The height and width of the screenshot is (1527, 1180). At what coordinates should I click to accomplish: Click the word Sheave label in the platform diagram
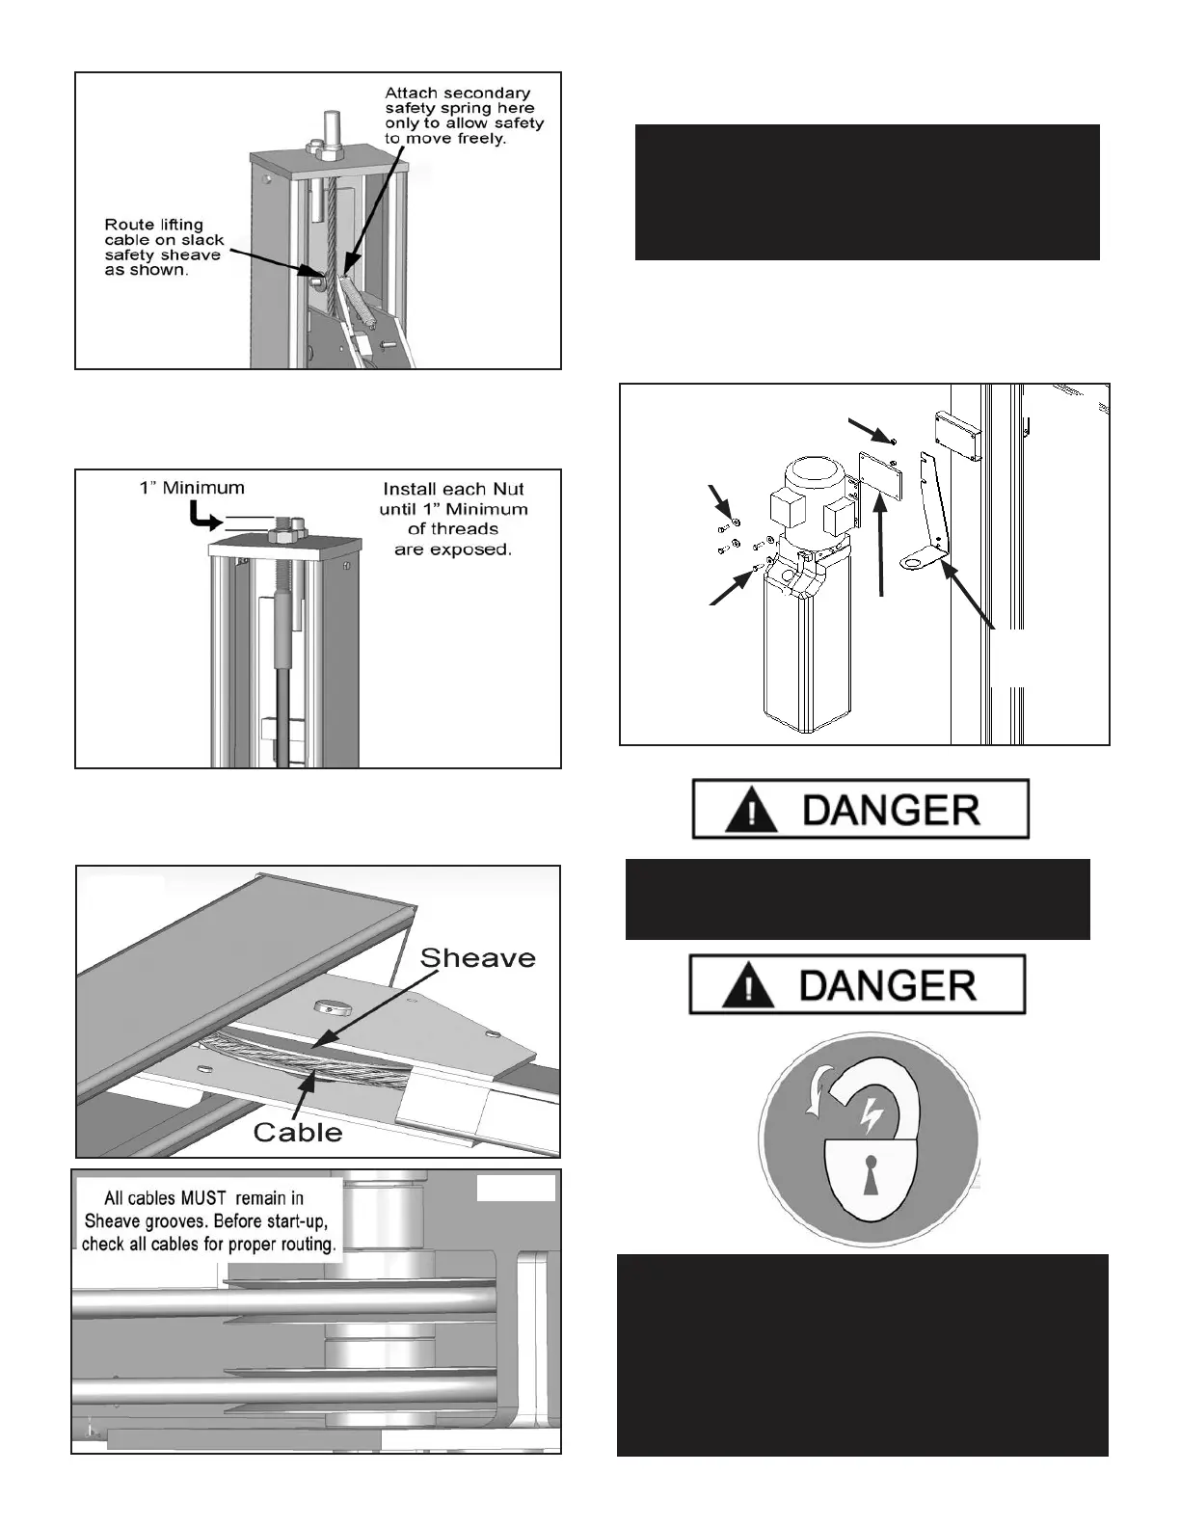click(x=477, y=958)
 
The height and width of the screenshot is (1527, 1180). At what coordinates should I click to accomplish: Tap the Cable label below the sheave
click(x=298, y=1132)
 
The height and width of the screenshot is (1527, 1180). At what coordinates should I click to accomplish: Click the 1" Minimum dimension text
click(x=192, y=488)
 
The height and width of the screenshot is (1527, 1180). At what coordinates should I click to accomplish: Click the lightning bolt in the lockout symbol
click(x=872, y=1115)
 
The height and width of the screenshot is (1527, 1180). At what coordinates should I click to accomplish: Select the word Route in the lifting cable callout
click(x=129, y=225)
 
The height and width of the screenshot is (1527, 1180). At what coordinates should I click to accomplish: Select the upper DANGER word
click(x=890, y=811)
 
